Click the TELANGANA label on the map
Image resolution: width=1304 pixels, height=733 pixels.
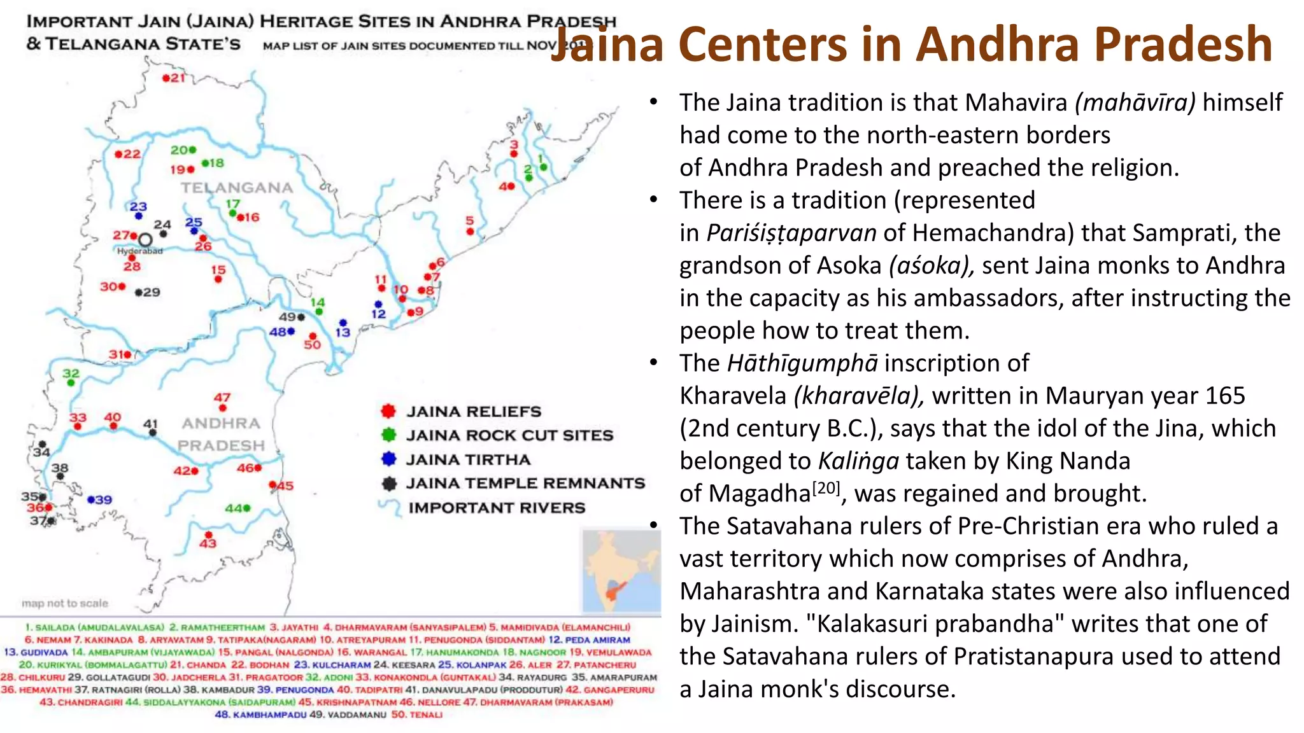[237, 188]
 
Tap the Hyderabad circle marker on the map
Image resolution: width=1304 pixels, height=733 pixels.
[145, 240]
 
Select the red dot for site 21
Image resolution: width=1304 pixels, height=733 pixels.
[166, 78]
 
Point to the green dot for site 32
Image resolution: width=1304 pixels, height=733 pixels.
[71, 383]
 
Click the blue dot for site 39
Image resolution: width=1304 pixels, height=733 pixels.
[91, 499]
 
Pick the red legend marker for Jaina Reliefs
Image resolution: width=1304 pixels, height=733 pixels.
[388, 411]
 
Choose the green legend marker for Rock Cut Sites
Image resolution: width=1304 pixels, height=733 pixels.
[388, 435]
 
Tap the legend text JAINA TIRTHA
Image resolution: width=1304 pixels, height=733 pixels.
[468, 459]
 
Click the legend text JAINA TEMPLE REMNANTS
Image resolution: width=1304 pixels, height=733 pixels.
[525, 484]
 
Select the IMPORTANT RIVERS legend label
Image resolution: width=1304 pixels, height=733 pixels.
[497, 508]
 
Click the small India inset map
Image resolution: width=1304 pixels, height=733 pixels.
[621, 571]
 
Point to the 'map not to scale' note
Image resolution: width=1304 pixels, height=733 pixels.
[65, 603]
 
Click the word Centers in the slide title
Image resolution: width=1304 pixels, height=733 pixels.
[788, 45]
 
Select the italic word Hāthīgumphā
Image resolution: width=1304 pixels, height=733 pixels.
[802, 363]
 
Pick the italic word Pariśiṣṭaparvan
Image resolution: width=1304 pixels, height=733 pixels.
[791, 233]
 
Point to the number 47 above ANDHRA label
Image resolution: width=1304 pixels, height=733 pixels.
[222, 398]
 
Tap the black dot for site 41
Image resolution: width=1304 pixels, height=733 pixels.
[153, 433]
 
